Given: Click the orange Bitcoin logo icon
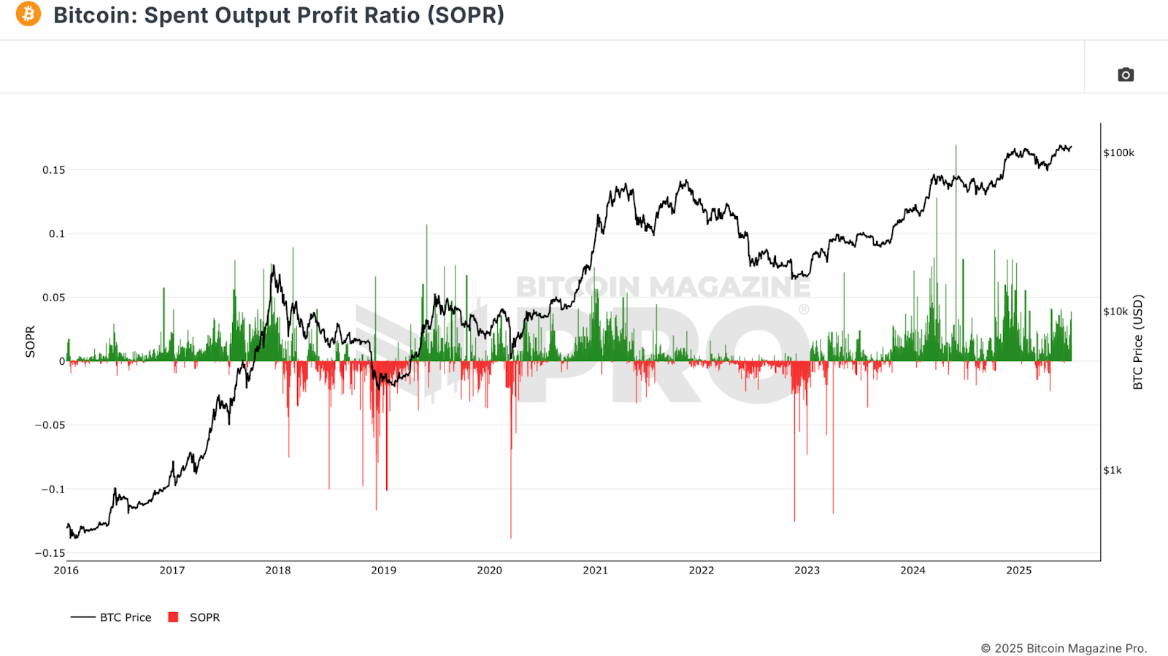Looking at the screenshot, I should coord(28,14).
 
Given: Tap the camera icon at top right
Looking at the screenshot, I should coord(1126,74).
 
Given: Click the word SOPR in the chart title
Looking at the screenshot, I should coord(465,15).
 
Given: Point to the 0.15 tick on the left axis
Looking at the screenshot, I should coord(53,170).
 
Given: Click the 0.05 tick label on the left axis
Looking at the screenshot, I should coord(53,298).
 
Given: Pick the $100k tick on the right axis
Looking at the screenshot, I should coord(1118,153).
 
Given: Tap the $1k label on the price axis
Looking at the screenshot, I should coord(1113,470).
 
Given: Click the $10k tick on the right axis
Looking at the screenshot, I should coord(1115,312).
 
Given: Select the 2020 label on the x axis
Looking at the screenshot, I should coord(489,570).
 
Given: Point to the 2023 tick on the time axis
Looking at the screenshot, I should coord(807,570).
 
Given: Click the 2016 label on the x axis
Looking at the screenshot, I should coord(66,570).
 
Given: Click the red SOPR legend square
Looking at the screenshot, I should coord(173,617).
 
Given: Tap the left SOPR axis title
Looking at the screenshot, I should coord(30,341).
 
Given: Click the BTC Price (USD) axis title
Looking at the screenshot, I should coord(1137,341).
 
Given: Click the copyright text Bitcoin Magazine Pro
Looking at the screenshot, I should coord(1064,648).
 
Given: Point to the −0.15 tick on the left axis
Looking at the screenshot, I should coord(50,553).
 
